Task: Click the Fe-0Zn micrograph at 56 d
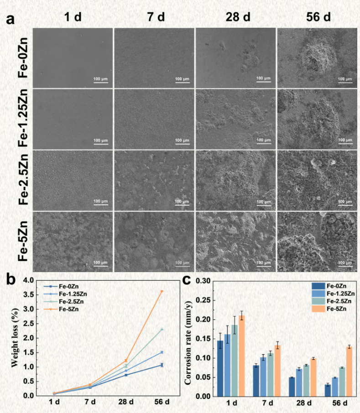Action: [x=317, y=58]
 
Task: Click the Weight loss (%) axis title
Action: [x=15, y=338]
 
